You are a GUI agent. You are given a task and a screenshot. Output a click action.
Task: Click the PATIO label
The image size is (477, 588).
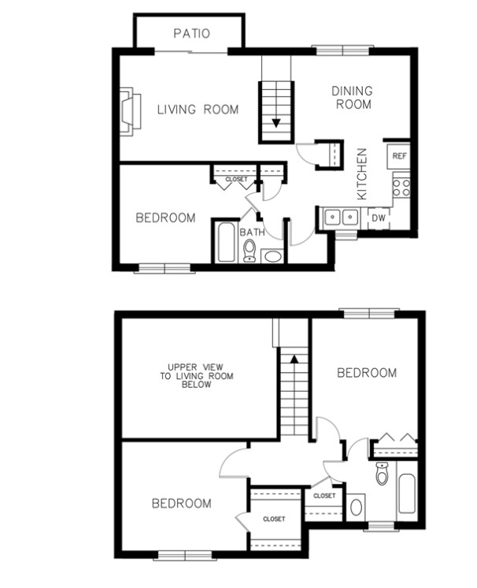tap(191, 33)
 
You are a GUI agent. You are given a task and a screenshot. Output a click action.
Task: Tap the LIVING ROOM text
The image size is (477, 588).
tap(197, 110)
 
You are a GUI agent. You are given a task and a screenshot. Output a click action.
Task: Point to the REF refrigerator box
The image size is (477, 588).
tap(399, 155)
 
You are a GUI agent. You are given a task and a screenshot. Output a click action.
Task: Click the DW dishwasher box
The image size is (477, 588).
tap(379, 217)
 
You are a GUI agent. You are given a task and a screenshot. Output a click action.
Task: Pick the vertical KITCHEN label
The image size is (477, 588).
tap(363, 173)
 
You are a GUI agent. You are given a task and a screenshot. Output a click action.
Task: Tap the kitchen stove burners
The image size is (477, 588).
tap(401, 188)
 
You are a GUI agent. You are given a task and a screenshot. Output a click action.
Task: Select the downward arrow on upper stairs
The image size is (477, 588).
tap(276, 121)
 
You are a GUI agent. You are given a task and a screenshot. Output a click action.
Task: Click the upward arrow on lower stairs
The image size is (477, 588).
tap(293, 358)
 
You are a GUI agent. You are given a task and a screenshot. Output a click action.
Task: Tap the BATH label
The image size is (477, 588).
tap(252, 232)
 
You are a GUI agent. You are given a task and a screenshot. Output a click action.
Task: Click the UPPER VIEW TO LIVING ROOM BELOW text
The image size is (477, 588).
tap(189, 376)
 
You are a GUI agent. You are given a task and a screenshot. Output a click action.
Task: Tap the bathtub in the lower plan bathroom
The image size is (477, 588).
tap(408, 493)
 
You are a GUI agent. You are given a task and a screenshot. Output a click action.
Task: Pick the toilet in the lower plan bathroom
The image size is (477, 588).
tap(383, 473)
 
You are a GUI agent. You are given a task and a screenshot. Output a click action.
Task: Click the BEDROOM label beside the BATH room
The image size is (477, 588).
tap(165, 218)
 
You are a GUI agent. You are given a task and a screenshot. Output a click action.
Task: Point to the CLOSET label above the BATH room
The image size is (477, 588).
tap(236, 180)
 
